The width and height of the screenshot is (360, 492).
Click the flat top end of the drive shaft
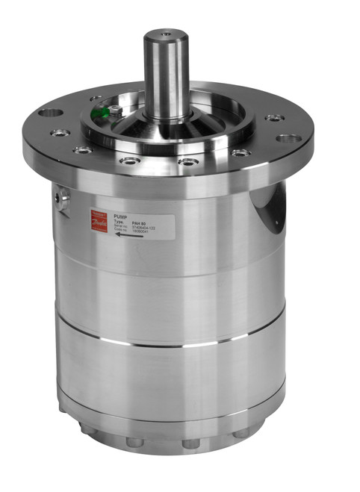[x=164, y=34]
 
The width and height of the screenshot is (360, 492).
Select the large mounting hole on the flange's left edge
[x=50, y=113]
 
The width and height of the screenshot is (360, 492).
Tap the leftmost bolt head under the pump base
[x=134, y=441]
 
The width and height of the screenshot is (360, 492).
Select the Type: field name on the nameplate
[x=118, y=222]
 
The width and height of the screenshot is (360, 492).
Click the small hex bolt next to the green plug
[x=116, y=111]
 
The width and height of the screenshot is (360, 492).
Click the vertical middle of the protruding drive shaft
[x=164, y=75]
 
